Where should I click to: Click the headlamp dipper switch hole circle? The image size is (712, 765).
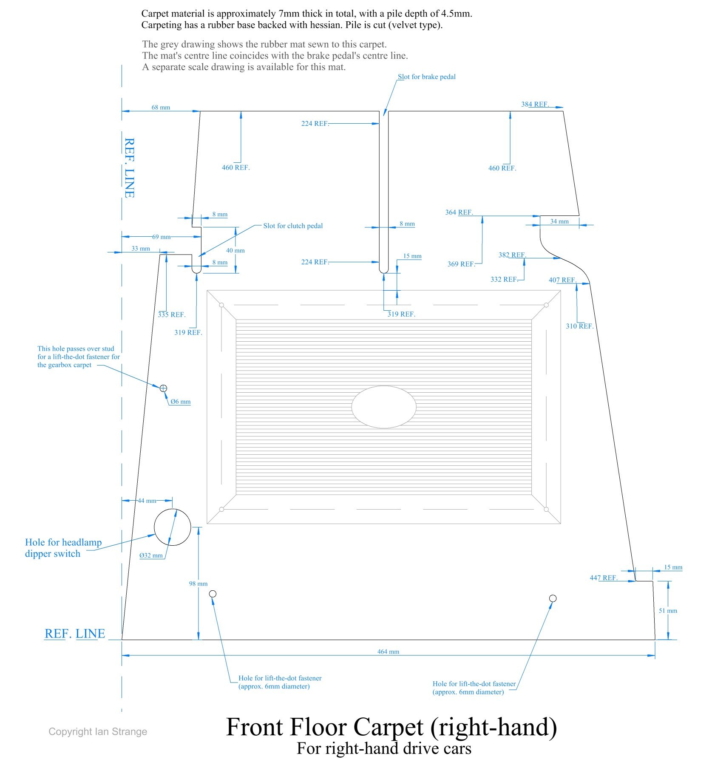(172, 527)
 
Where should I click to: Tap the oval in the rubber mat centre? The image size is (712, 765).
(384, 407)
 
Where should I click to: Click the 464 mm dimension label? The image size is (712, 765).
(388, 652)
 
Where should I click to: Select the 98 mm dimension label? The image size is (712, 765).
(198, 584)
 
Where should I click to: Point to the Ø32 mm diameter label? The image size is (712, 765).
(151, 555)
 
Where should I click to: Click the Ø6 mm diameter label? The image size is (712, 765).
(181, 402)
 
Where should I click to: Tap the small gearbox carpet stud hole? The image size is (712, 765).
(163, 388)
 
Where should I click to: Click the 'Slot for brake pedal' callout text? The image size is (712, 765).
(426, 77)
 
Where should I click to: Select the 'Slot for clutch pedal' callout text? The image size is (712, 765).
(293, 226)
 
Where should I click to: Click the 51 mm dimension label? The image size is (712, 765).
(668, 611)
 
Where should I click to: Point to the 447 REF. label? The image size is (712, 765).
(603, 578)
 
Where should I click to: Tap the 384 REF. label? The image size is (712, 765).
(535, 104)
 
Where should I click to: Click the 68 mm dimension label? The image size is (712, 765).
(161, 108)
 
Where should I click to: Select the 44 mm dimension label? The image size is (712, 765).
(147, 501)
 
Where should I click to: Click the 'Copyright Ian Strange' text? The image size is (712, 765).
(98, 731)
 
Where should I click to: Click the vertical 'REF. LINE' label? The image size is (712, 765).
(129, 168)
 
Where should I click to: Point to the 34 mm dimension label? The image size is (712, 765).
(559, 221)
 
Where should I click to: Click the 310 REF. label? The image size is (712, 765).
(579, 326)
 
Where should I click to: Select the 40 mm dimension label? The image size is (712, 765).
(235, 250)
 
